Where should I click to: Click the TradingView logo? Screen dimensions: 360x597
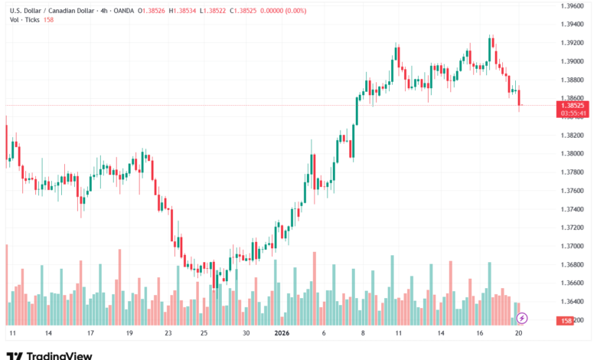[x=49, y=355]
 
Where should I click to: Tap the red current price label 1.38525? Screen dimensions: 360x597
[x=573, y=105]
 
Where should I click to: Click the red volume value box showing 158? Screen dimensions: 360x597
[x=566, y=320]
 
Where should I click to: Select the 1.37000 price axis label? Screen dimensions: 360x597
[x=573, y=246]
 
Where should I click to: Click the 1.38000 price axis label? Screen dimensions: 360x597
[x=573, y=153]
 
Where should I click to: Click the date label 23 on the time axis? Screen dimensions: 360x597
[x=168, y=334]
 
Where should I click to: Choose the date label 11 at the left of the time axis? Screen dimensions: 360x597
[x=11, y=334]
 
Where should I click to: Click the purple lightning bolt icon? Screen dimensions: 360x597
[x=522, y=317]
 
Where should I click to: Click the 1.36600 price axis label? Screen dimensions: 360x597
[x=573, y=283]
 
